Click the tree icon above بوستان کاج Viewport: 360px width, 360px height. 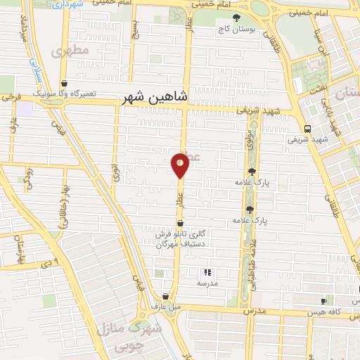[236, 18]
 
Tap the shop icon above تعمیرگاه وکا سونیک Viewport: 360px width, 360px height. [64, 83]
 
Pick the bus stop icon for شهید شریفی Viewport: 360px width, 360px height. [307, 128]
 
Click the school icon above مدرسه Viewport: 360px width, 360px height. [207, 272]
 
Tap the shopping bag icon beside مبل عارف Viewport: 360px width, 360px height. [165, 297]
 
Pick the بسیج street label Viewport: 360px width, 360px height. [137, 30]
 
